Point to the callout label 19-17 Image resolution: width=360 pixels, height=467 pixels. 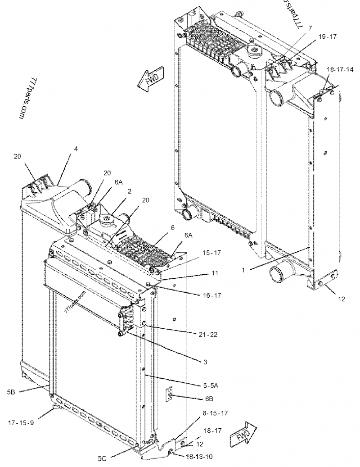point(328,38)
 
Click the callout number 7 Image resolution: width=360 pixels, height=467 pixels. point(310,28)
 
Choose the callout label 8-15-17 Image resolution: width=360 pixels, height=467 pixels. point(215,413)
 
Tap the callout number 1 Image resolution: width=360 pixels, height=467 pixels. point(243,270)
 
